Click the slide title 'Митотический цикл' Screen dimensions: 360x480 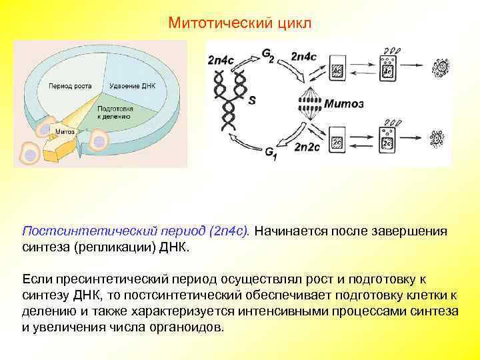[239, 23]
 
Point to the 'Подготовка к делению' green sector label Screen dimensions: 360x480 [114, 111]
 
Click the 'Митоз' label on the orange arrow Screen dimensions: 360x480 [64, 131]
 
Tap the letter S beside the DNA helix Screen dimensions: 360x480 [251, 101]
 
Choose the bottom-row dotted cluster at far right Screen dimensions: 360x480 [437, 138]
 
